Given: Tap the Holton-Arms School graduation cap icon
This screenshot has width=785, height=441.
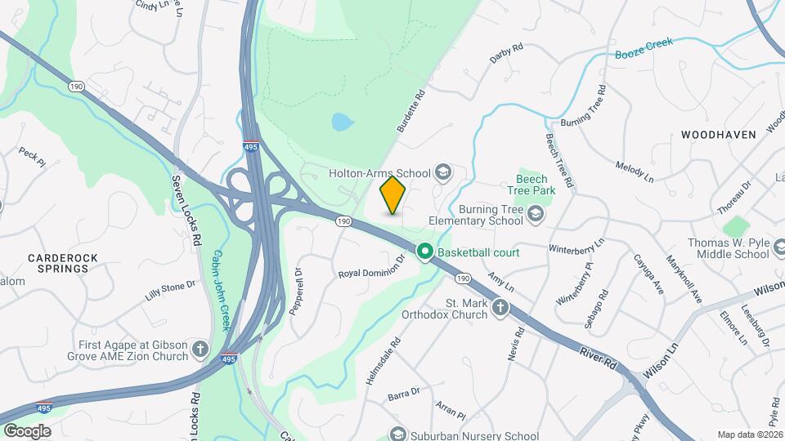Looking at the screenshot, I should (x=443, y=172).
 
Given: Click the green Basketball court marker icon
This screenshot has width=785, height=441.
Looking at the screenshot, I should (x=425, y=252).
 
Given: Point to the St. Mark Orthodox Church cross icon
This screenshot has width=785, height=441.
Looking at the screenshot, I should (x=500, y=309).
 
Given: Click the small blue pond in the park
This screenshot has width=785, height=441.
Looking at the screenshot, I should (x=343, y=122).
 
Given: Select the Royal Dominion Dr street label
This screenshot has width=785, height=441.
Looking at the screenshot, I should (x=372, y=267).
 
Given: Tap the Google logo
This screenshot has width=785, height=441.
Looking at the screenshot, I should (x=26, y=431).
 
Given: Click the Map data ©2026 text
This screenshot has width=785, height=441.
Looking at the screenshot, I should (x=749, y=434).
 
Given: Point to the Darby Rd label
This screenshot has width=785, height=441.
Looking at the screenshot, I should (x=505, y=55).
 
